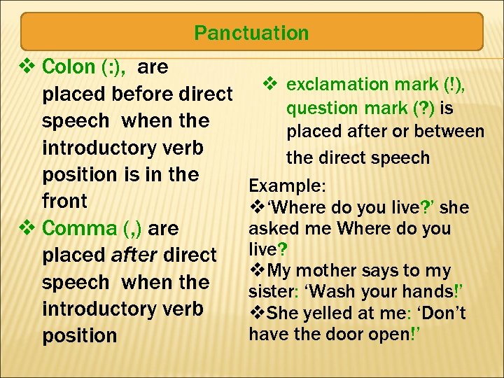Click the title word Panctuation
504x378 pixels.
tap(251, 33)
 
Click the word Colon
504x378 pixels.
tap(69, 67)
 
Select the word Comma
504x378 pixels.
tap(78, 229)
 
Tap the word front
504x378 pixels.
tap(64, 202)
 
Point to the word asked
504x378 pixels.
tap(269, 229)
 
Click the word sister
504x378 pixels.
tap(269, 292)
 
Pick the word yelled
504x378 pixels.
tap(320, 314)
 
